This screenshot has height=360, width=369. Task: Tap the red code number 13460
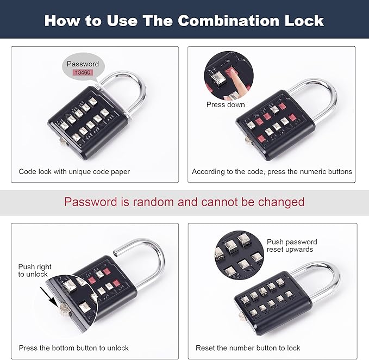click(83, 72)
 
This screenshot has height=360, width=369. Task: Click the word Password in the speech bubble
click(83, 64)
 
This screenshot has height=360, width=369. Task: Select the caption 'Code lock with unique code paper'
click(74, 171)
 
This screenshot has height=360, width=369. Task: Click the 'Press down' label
click(226, 104)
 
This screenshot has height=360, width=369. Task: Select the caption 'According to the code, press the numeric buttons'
click(272, 171)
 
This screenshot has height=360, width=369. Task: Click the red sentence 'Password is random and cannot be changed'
click(184, 202)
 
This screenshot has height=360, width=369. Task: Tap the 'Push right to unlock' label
click(34, 270)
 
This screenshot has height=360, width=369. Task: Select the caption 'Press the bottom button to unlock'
click(74, 347)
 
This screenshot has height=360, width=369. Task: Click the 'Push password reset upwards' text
click(292, 245)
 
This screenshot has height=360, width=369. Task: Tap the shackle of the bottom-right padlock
click(326, 275)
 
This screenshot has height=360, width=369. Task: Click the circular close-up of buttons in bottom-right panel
click(237, 256)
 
